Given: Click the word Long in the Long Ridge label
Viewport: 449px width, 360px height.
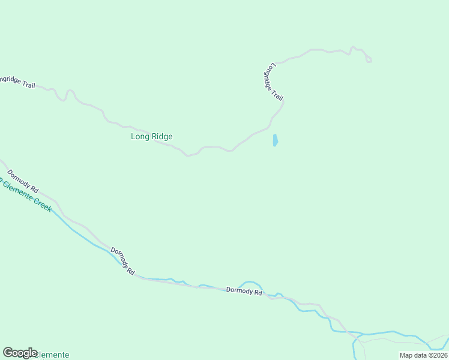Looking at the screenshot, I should [139, 137].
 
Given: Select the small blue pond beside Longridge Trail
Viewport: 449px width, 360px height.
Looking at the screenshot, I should [275, 140].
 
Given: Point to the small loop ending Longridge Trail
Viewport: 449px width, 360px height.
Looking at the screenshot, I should [369, 59].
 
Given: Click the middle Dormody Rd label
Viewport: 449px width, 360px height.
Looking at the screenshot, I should [122, 261].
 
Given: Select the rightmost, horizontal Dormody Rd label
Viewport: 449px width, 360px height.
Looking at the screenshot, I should [244, 292].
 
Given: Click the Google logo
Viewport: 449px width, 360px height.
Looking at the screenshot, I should [20, 353].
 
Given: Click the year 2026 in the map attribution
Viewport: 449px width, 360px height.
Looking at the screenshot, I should [439, 355].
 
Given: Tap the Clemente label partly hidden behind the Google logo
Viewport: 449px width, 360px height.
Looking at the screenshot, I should [53, 355].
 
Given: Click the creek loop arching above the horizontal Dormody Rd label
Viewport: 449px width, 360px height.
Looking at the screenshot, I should [250, 283].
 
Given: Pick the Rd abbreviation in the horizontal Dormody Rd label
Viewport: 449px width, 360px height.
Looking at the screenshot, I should [258, 293].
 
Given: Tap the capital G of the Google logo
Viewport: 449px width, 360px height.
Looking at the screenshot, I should [8, 353].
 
